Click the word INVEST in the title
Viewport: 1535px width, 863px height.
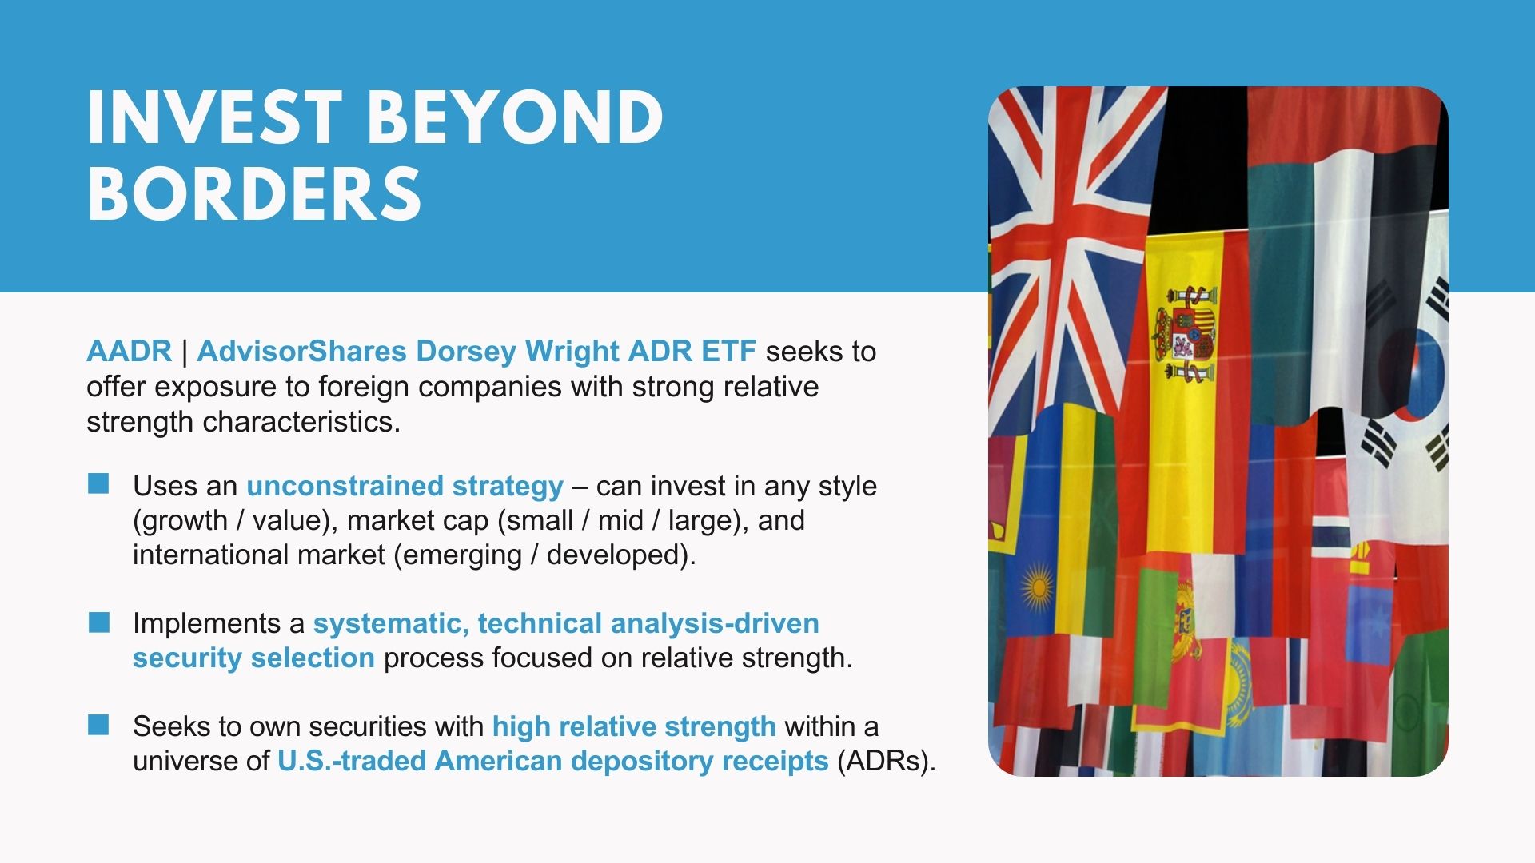point(214,117)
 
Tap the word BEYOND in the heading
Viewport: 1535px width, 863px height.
point(516,117)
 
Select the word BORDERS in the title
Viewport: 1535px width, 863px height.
point(254,193)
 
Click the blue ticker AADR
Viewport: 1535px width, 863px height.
point(129,351)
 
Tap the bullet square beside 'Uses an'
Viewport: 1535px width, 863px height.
point(98,483)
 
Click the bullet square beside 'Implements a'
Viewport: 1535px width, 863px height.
point(98,622)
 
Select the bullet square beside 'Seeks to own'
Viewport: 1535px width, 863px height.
point(98,725)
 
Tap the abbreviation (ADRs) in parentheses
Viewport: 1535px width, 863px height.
point(887,761)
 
